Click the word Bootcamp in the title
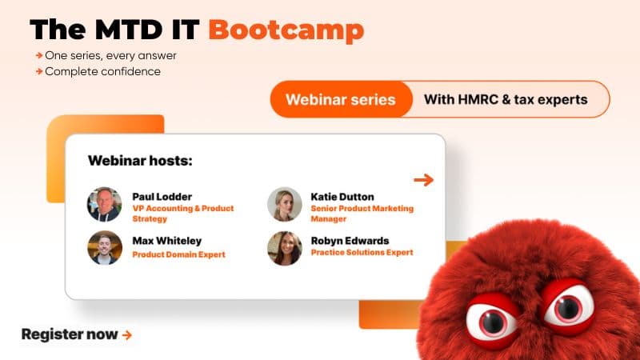(x=286, y=30)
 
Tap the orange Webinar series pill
(x=341, y=100)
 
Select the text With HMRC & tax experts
(x=506, y=100)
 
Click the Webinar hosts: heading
(x=140, y=161)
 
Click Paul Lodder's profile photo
(x=104, y=204)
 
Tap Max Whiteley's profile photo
(x=104, y=247)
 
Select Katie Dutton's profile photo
(x=284, y=204)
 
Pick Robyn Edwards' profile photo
(x=284, y=247)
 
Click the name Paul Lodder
(x=162, y=196)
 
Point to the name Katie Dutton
(x=342, y=196)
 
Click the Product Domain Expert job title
(x=178, y=254)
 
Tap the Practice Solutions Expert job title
(x=362, y=252)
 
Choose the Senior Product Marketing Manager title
(x=362, y=213)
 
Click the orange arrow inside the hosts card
(x=423, y=180)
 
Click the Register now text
(x=70, y=334)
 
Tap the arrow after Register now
(x=127, y=335)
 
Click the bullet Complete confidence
(x=102, y=71)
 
